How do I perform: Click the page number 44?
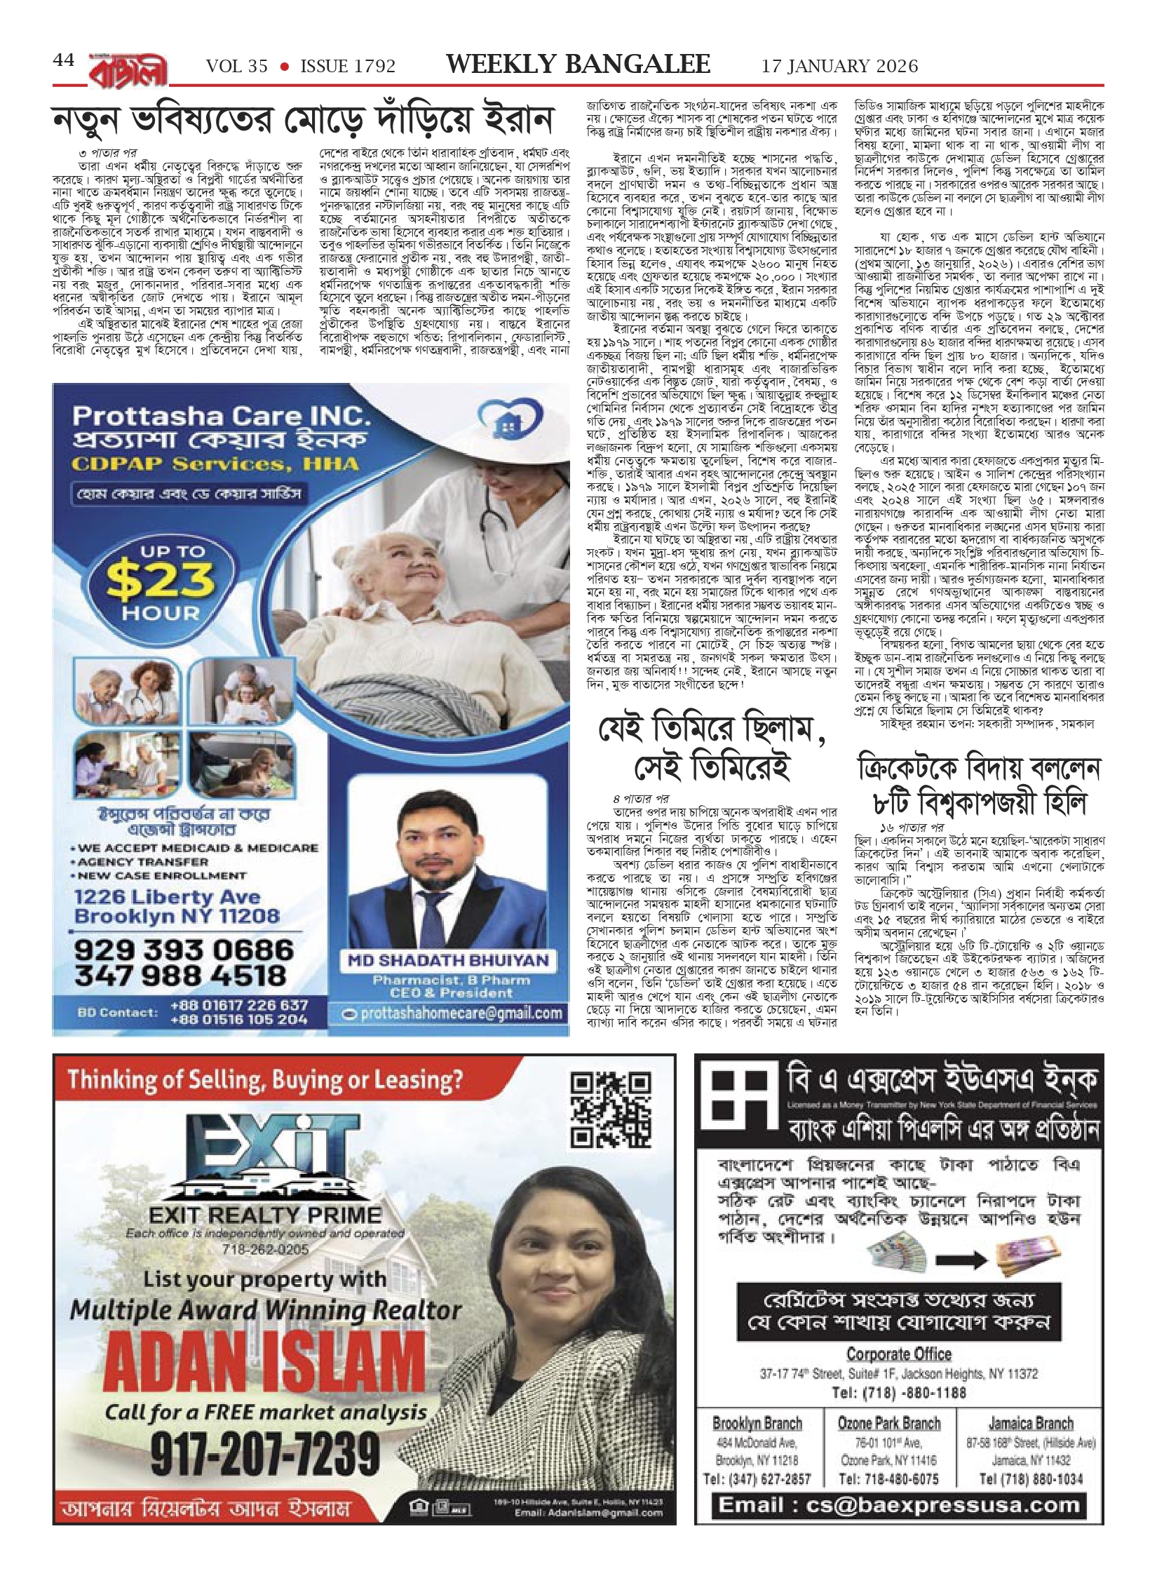64,61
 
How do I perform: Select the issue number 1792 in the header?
371,66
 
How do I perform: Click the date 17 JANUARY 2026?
839,66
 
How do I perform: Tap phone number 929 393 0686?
184,950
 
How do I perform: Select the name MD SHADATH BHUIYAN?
448,960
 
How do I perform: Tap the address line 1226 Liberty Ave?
167,897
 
